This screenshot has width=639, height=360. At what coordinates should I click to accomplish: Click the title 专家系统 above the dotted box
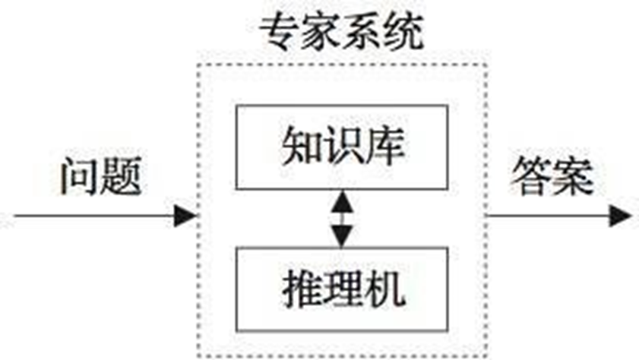[x=341, y=33]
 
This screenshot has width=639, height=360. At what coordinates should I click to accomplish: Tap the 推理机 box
[x=343, y=288]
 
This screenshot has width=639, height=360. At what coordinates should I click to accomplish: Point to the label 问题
[x=100, y=177]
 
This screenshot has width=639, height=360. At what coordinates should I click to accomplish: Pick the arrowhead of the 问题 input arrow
[x=184, y=216]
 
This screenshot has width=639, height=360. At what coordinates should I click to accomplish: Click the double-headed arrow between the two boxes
[x=343, y=217]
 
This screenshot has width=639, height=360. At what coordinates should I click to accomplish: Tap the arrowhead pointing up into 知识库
[x=343, y=199]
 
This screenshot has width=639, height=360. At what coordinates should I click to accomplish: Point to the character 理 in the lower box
[x=343, y=288]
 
